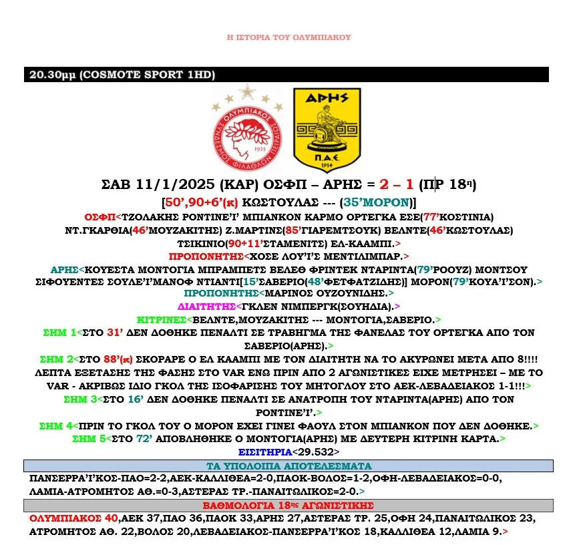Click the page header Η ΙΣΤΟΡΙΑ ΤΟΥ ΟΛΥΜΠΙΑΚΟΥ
(x=288, y=38)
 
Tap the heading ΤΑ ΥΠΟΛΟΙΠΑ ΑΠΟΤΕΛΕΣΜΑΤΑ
(x=288, y=466)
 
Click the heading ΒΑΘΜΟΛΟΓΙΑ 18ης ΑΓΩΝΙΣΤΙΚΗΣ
(x=288, y=505)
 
